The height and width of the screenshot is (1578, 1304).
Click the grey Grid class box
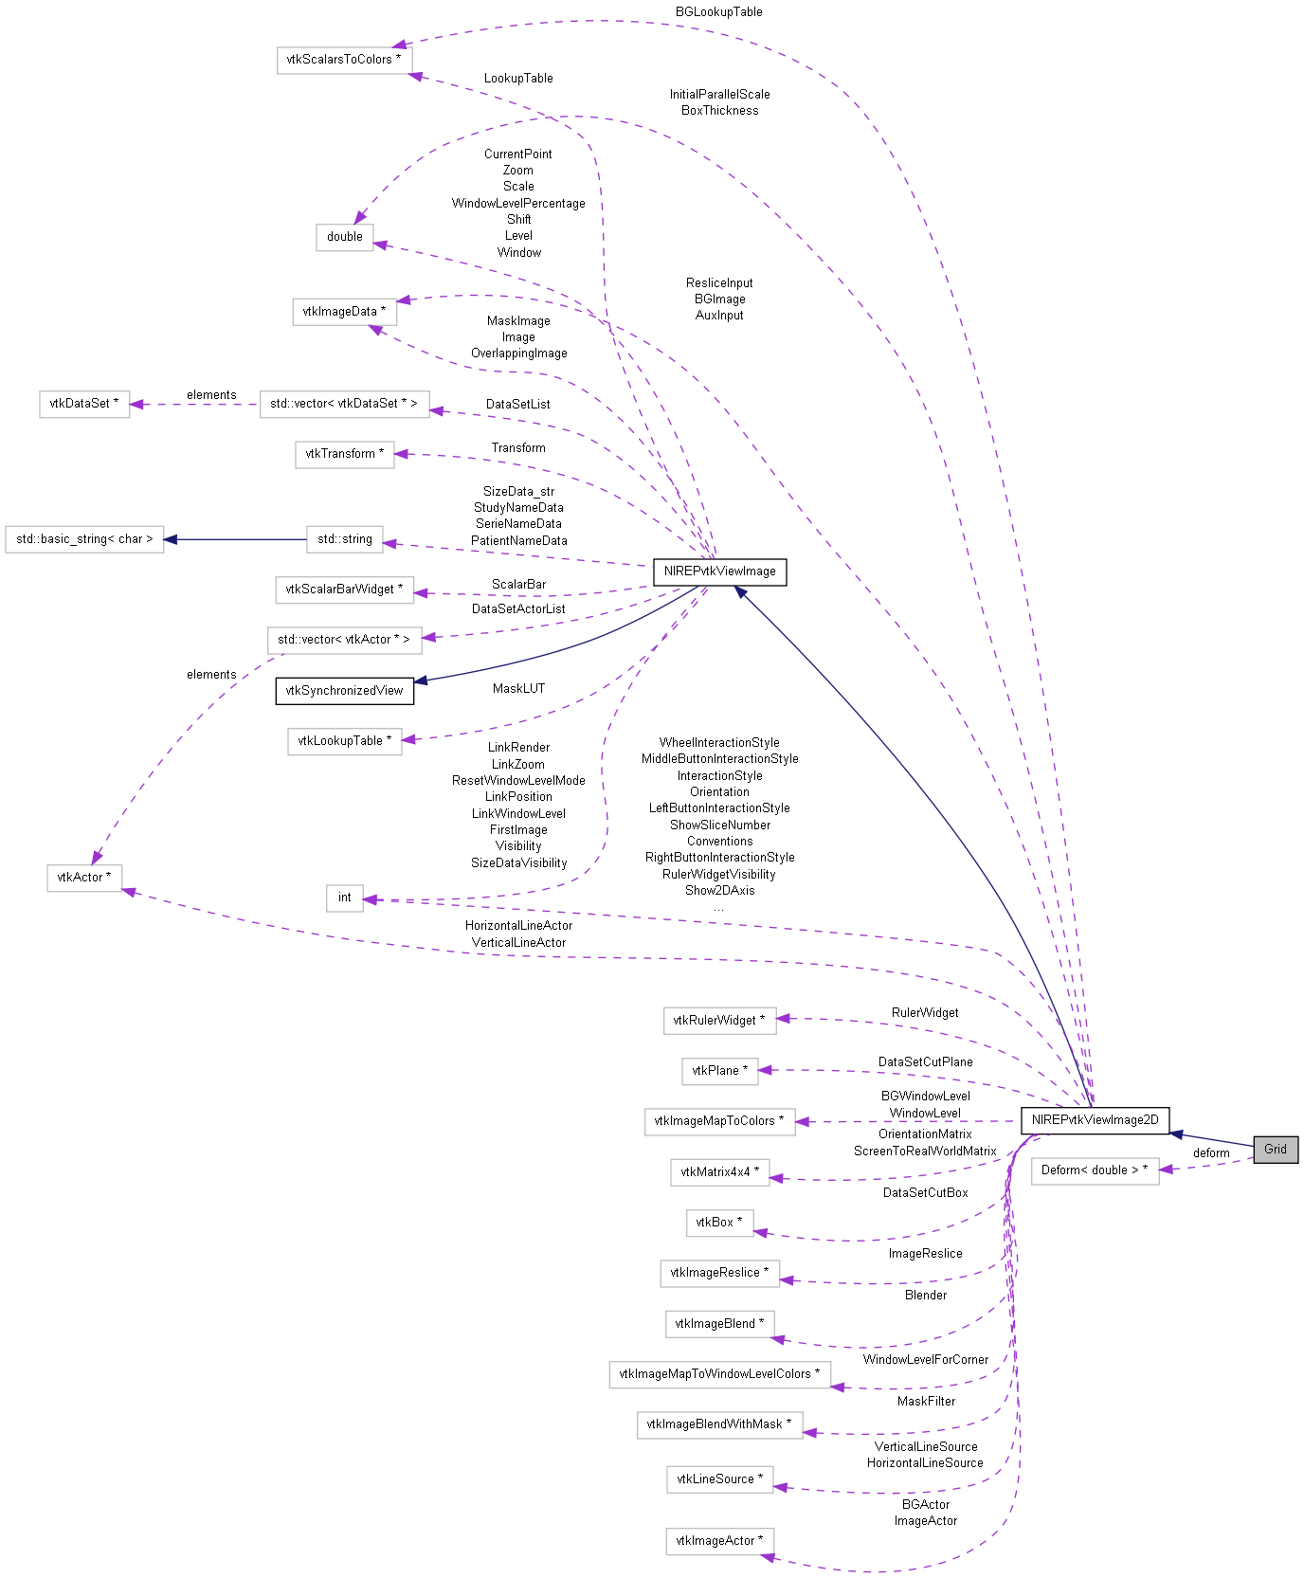(1275, 1149)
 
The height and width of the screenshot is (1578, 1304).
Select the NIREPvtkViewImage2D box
(1095, 1119)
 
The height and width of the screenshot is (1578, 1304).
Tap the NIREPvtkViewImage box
(719, 571)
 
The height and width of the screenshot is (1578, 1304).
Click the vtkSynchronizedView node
(344, 690)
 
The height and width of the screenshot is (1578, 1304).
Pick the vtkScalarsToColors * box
(344, 60)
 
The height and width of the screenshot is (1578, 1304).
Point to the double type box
(344, 237)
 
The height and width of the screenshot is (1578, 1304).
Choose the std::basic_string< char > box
(84, 539)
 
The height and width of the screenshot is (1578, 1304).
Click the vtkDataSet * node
(84, 404)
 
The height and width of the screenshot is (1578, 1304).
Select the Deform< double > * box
(1095, 1170)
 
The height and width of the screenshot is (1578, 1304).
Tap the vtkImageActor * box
(719, 1541)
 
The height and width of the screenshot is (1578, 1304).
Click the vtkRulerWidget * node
(719, 1021)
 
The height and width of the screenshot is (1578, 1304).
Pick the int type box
(344, 898)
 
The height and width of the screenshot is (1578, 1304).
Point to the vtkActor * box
(84, 878)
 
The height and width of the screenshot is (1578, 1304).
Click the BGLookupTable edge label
(718, 12)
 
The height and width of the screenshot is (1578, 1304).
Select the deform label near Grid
(1210, 1153)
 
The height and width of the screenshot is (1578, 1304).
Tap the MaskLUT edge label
(518, 689)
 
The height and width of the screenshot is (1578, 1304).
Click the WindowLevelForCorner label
(925, 1360)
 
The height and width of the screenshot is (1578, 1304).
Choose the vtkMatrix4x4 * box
(719, 1172)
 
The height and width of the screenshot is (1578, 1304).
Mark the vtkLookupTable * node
(344, 741)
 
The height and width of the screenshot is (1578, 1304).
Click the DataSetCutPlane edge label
(925, 1062)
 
